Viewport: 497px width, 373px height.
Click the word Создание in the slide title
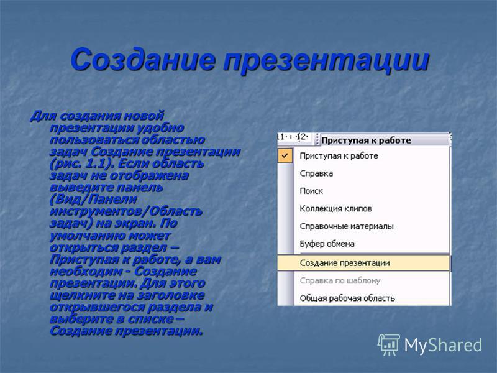coord(144,60)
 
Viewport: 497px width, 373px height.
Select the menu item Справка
coord(316,173)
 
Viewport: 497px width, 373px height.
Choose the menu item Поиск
coord(311,191)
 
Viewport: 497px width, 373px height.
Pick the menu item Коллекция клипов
coord(335,209)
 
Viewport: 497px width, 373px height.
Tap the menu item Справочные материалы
coord(347,226)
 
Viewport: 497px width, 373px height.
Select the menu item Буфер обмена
coord(327,244)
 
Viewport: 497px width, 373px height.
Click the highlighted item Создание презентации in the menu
coord(345,263)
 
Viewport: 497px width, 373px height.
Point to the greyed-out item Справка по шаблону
coord(340,281)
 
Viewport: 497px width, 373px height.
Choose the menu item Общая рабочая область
coord(347,298)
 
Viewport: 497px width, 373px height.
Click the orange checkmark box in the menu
coord(285,156)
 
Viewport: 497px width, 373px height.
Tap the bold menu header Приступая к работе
coord(366,140)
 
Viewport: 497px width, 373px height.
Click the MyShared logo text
coord(443,345)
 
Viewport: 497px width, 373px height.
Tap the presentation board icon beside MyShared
coord(389,344)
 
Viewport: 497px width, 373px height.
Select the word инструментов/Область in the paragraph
coord(126,211)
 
